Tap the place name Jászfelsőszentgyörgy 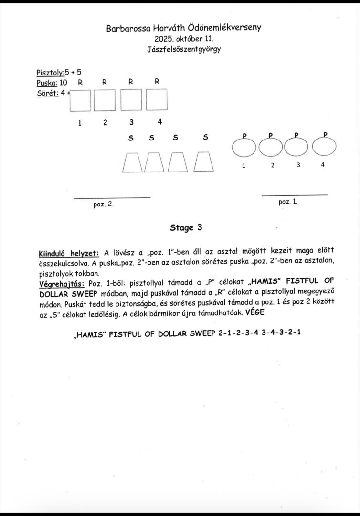click(184, 49)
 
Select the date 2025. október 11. click(184, 38)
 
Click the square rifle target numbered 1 click(80, 101)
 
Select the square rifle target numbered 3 click(131, 101)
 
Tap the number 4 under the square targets click(160, 121)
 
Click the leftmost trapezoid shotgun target click(132, 162)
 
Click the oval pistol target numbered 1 click(244, 147)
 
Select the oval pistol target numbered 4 click(324, 147)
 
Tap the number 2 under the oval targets click(272, 165)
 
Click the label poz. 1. click(288, 202)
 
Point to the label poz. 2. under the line click(103, 204)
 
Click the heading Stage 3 click(186, 227)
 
